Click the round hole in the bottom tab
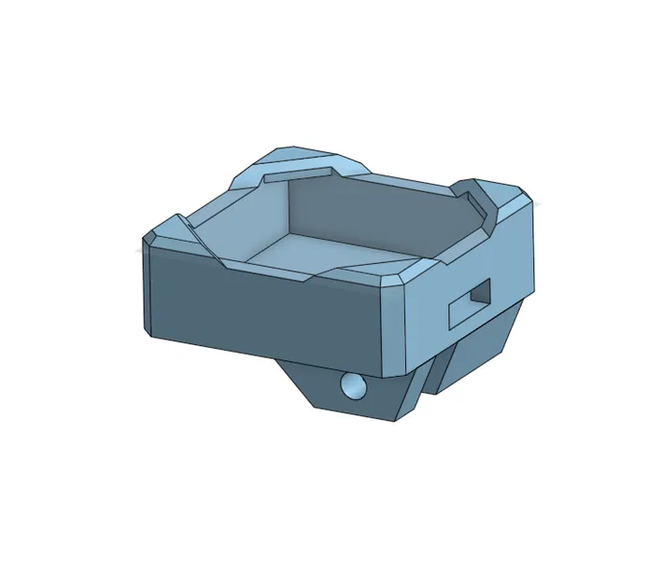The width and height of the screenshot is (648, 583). (x=353, y=385)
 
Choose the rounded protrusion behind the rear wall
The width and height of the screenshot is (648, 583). (x=308, y=160)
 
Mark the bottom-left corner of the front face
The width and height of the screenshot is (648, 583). (x=148, y=330)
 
